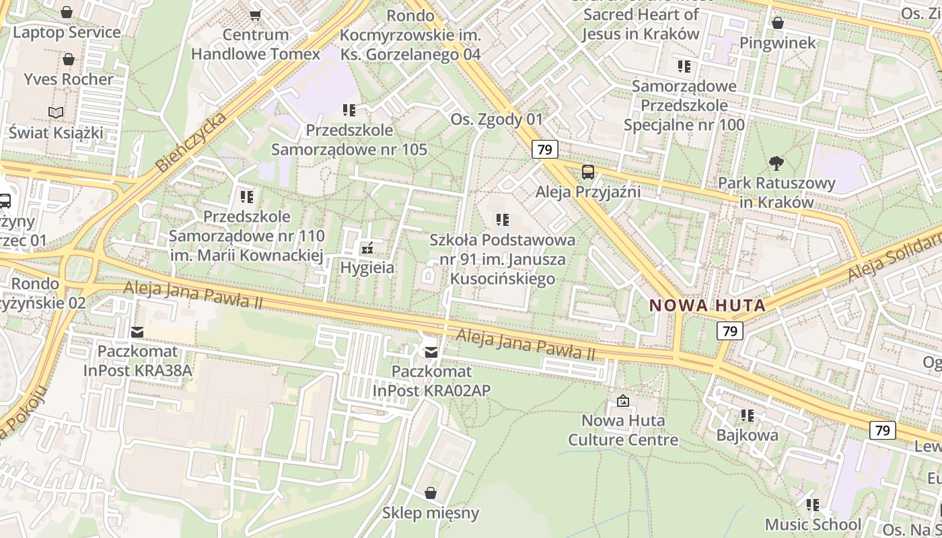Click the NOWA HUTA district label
[707, 305]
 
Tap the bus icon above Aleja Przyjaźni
[588, 172]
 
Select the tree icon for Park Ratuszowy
[776, 163]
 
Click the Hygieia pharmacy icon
[367, 248]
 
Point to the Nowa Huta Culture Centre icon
[623, 401]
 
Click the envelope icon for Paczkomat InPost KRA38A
[137, 332]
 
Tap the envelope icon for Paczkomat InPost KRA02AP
[431, 352]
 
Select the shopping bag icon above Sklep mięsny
[431, 494]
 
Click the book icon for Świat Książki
[57, 113]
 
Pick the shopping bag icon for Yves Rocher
[68, 59]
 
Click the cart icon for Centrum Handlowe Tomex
[255, 15]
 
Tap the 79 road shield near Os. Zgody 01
[544, 149]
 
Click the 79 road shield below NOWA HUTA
[729, 330]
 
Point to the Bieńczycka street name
[190, 142]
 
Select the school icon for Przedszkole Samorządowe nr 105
[349, 110]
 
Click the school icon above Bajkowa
[747, 416]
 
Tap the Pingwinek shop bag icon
[778, 24]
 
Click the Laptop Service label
[67, 32]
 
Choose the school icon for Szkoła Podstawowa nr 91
[502, 220]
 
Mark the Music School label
[813, 524]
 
